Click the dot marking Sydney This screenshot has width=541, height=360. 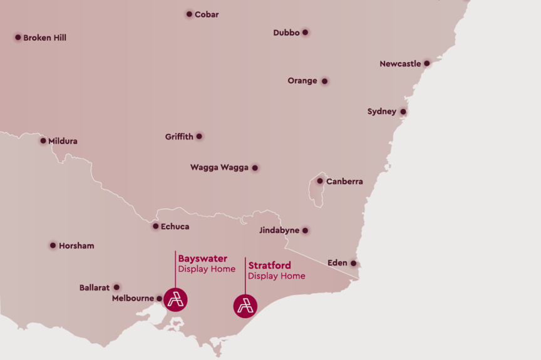[403, 112]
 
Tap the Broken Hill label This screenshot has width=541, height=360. [44, 38]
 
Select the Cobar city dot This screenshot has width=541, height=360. [189, 14]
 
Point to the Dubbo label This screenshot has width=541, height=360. [286, 33]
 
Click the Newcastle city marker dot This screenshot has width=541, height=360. [426, 63]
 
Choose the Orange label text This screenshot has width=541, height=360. [302, 81]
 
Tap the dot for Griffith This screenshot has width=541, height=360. [199, 136]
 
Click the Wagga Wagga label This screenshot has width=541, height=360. [219, 168]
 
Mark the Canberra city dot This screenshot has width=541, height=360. [320, 181]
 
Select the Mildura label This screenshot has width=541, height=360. [63, 141]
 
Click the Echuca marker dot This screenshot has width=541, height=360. [155, 226]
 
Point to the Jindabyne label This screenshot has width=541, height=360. [279, 230]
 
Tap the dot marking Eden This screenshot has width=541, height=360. [353, 263]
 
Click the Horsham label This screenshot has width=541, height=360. [76, 246]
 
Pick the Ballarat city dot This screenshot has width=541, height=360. [116, 287]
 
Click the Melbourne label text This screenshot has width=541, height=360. [133, 299]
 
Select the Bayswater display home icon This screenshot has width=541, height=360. [175, 299]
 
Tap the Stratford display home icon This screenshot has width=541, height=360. [245, 306]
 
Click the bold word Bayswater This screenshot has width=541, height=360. [202, 259]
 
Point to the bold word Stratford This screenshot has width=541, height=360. [269, 265]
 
